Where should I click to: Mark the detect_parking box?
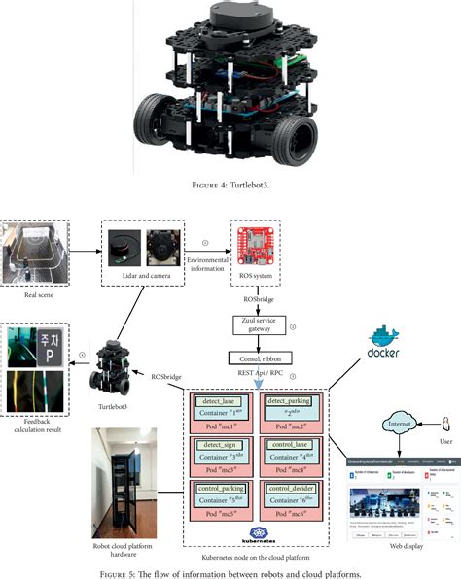288,399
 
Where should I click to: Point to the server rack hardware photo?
123,482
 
